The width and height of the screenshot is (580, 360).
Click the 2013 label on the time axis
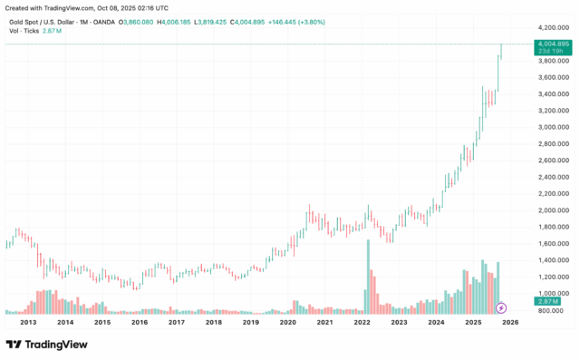(x=28, y=322)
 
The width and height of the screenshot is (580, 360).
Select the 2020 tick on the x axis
(x=287, y=322)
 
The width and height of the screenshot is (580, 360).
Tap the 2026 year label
(x=509, y=322)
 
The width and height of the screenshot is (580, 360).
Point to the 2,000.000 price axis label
(x=553, y=210)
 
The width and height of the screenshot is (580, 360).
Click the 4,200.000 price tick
(x=553, y=28)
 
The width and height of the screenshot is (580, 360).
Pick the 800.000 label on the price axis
(x=553, y=310)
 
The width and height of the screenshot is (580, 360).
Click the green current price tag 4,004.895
(x=552, y=44)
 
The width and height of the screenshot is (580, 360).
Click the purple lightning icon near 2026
(x=501, y=308)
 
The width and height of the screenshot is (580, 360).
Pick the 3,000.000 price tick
(x=553, y=127)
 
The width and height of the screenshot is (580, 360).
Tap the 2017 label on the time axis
(x=176, y=322)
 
